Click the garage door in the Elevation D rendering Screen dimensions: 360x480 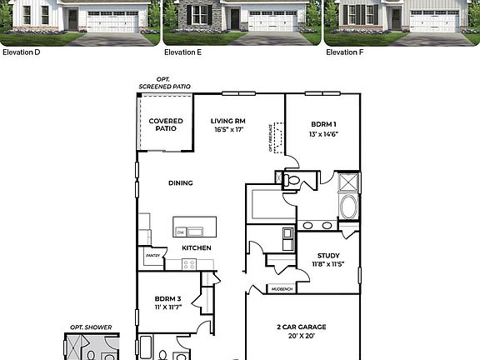pos(111,21)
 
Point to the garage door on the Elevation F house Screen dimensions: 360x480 pos(433,21)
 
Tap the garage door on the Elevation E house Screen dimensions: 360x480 pos(272,21)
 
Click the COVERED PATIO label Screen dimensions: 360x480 pos(166,125)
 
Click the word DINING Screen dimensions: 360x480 pos(180,183)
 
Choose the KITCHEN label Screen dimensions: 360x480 pos(197,247)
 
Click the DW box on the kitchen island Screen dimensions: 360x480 pos(180,232)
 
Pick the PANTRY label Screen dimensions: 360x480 pos(152,256)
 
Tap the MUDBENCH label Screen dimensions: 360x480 pos(280,289)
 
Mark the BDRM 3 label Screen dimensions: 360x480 pos(167,302)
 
